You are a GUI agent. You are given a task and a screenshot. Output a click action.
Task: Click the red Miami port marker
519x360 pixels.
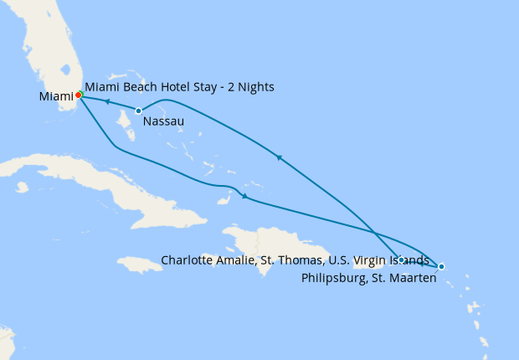click(x=78, y=95)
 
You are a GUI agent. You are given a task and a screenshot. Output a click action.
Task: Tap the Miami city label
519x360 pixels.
click(x=56, y=97)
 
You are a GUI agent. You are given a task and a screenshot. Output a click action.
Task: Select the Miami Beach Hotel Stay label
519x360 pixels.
click(x=179, y=87)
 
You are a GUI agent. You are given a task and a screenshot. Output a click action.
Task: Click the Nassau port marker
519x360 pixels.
click(x=138, y=111)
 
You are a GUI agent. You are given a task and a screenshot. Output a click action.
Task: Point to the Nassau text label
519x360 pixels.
click(x=163, y=121)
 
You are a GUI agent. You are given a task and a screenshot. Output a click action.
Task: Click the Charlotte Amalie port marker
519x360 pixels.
click(x=402, y=260)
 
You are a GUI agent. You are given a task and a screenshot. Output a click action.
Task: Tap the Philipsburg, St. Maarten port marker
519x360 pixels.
click(x=441, y=266)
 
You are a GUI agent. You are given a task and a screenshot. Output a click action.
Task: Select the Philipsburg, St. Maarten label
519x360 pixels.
click(x=368, y=278)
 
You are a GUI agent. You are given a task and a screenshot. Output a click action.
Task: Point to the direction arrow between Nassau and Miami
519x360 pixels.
click(x=108, y=102)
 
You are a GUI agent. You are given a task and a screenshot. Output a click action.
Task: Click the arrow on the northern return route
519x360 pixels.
click(x=279, y=157)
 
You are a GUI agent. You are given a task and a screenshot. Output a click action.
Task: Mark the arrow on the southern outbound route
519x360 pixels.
click(x=244, y=197)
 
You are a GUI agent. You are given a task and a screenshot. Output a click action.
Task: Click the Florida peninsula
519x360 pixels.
click(x=50, y=50)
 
